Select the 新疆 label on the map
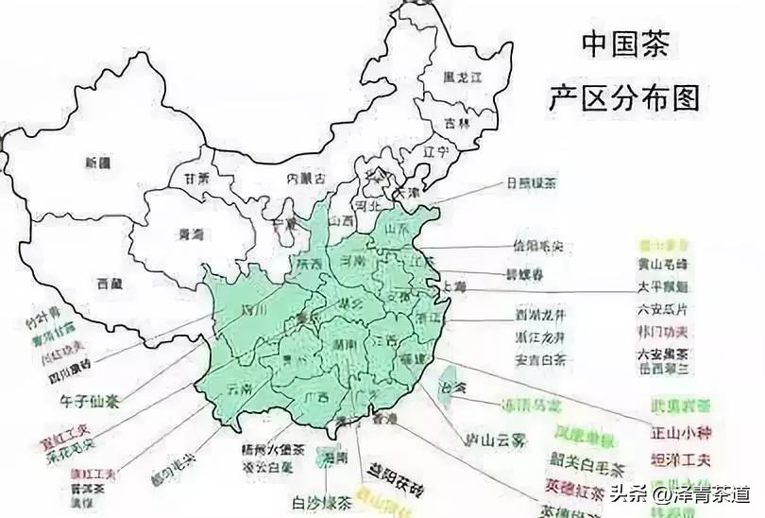[x=97, y=162]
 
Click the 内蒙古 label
[x=306, y=178]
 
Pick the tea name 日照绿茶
[x=531, y=182]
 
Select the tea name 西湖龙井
[x=540, y=315]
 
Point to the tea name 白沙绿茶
[x=321, y=501]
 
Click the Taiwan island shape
[x=448, y=383]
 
